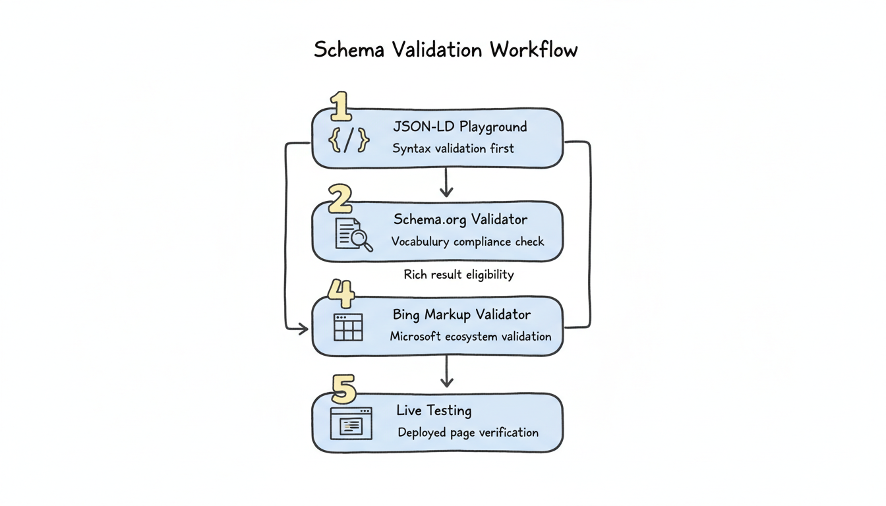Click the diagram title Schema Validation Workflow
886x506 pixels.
446,50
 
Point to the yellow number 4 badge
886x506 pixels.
341,293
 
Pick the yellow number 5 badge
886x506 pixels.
343,390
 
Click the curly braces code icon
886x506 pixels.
349,140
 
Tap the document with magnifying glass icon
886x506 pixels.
353,235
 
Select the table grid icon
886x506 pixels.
348,327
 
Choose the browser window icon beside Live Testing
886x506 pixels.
351,423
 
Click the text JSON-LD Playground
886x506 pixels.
459,126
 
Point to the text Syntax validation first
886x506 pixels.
453,149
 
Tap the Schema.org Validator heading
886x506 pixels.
460,219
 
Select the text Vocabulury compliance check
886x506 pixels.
467,242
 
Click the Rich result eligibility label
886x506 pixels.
458,275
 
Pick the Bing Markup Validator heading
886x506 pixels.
461,315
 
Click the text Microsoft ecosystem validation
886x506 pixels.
470,337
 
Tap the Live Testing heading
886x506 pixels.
434,410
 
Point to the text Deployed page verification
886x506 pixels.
468,433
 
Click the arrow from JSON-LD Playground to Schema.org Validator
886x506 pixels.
446,183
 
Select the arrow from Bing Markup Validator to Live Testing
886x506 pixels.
447,372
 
